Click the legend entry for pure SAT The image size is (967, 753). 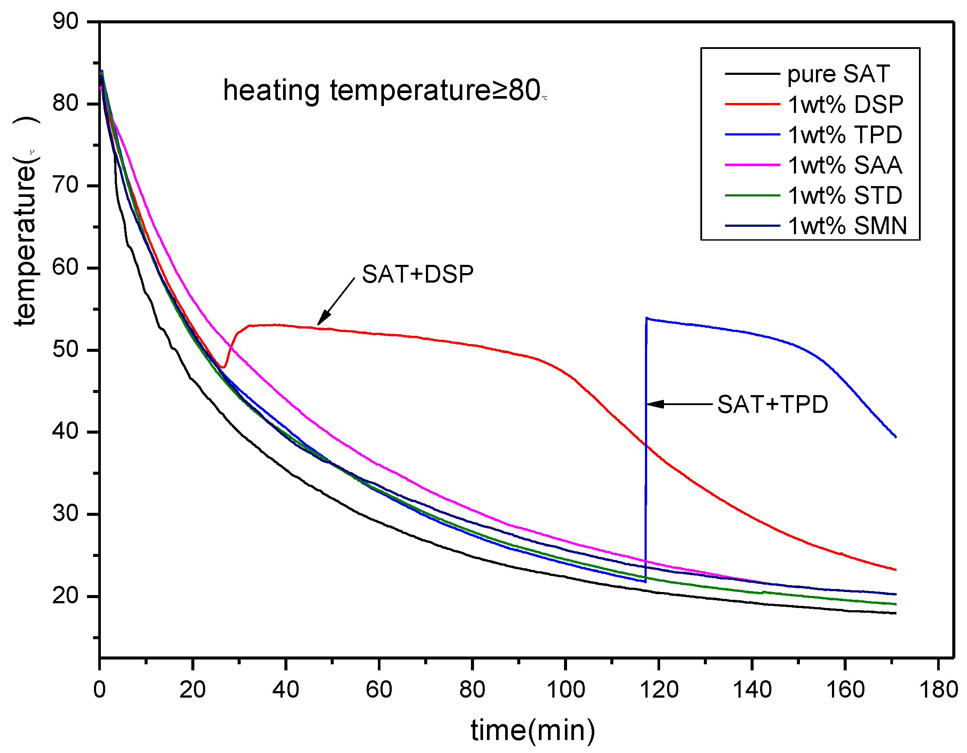click(838, 74)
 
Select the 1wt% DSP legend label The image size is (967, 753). click(845, 105)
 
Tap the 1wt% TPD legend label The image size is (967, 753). click(845, 135)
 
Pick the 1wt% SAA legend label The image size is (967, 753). click(845, 166)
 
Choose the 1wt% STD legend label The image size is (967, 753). click(845, 196)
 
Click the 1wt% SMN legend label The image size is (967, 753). click(847, 226)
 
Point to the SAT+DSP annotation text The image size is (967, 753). click(418, 274)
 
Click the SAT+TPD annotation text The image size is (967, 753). click(772, 405)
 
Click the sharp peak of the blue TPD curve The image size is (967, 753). click(647, 318)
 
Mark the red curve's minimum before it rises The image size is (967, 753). click(223, 367)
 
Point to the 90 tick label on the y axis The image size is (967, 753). click(65, 21)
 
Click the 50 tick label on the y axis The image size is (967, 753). click(65, 350)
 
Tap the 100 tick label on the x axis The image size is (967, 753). click(565, 690)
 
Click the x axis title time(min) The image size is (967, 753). click(533, 730)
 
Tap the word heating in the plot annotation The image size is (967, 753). click(271, 91)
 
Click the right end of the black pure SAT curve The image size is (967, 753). click(895, 614)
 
